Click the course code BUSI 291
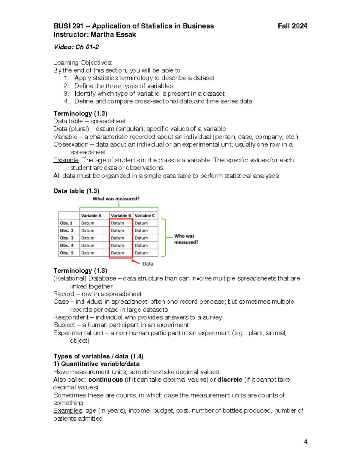[x=68, y=26]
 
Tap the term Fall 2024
[x=292, y=26]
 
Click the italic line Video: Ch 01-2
[x=76, y=47]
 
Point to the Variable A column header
[x=91, y=215]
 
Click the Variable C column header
[x=145, y=215]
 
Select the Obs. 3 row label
[x=67, y=238]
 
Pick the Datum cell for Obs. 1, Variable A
[x=88, y=223]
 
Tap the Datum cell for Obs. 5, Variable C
[x=141, y=253]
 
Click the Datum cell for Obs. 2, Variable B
[x=118, y=230]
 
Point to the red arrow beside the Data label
[x=136, y=262]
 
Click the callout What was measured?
[x=116, y=199]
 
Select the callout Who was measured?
[x=186, y=239]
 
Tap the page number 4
[x=305, y=442]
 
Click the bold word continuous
[x=106, y=380]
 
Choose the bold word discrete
[x=230, y=380]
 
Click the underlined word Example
[x=66, y=160]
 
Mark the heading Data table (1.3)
[x=76, y=191]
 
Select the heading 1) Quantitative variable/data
[x=96, y=364]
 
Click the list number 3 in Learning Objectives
[x=66, y=94]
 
